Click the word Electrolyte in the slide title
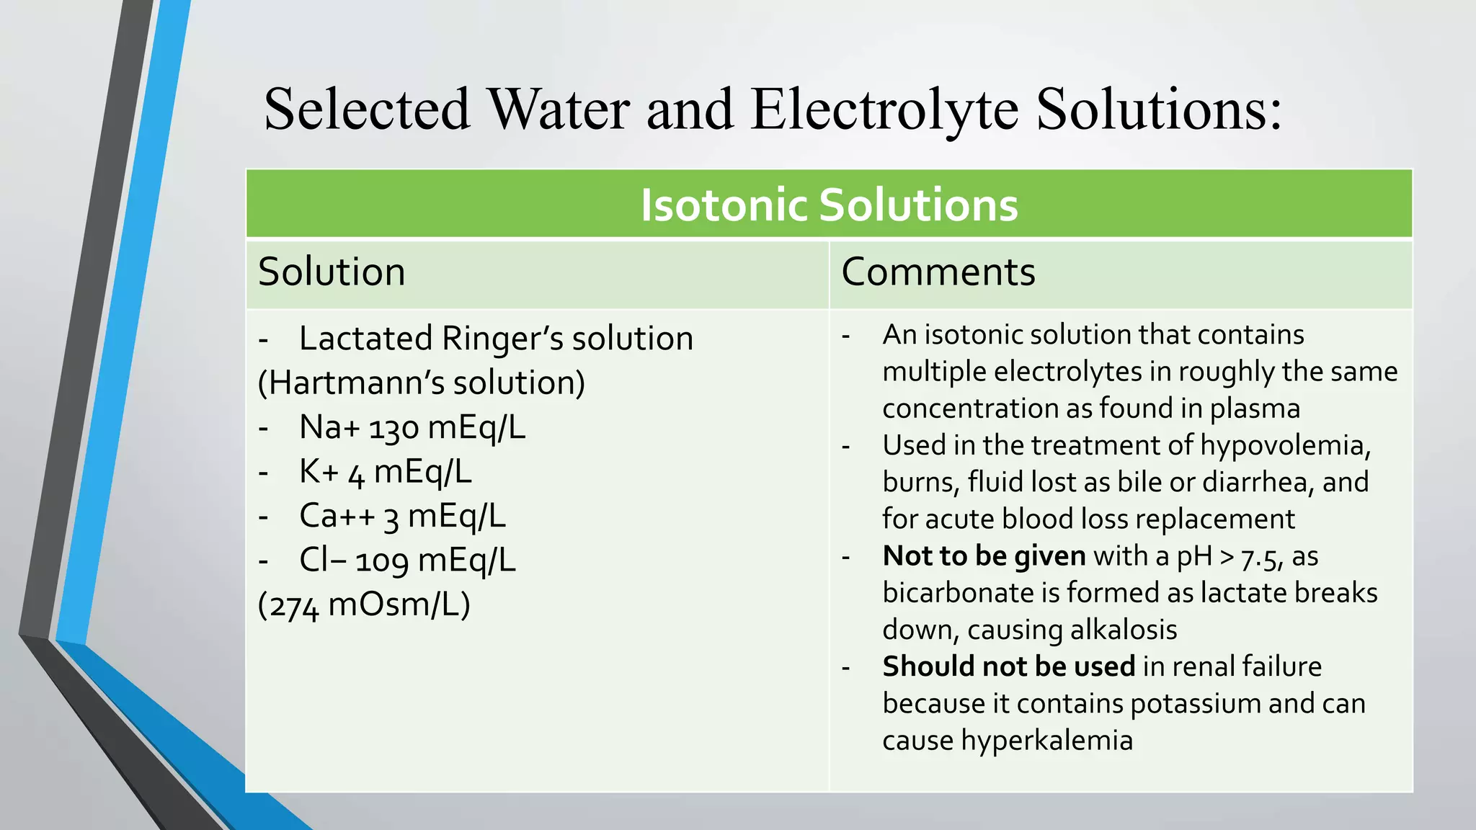point(884,110)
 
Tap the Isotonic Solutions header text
point(829,205)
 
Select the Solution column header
point(332,272)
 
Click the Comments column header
point(938,272)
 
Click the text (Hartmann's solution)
point(422,383)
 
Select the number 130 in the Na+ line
point(394,429)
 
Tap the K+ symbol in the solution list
point(319,473)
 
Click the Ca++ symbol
point(337,517)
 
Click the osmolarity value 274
point(295,606)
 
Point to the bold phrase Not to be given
point(984,556)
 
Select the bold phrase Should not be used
point(1008,666)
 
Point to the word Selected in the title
point(367,110)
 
